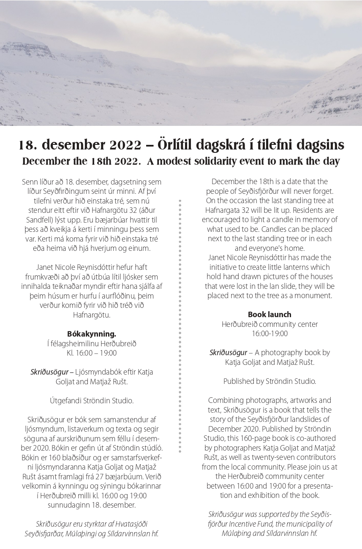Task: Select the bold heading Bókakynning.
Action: pyautogui.click(x=92, y=334)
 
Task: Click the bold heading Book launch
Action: pyautogui.click(x=269, y=315)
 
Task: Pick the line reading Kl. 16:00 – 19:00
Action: pyautogui.click(x=92, y=353)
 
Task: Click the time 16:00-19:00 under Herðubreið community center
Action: pyautogui.click(x=269, y=334)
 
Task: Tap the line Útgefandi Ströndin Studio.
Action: pyautogui.click(x=92, y=401)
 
